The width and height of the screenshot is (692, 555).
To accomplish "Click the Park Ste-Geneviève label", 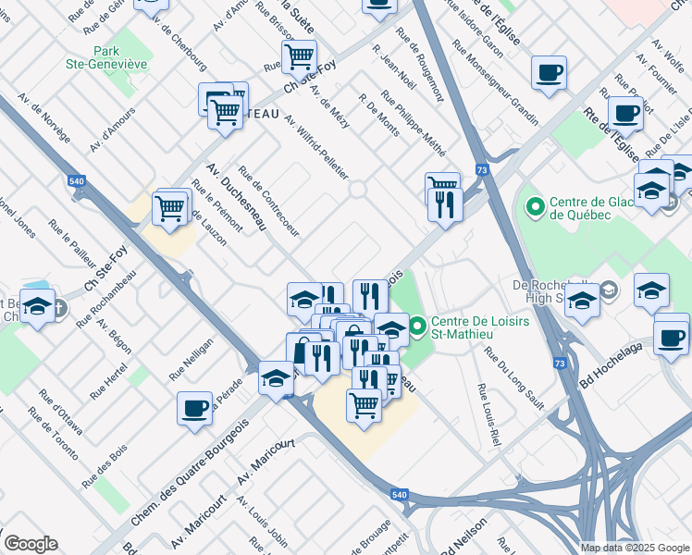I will click(120, 56).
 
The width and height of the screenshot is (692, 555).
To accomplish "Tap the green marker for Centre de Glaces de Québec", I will click(534, 204).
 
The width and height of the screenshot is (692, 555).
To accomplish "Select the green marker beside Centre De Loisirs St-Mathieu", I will click(417, 326).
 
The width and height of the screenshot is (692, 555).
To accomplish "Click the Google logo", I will click(31, 544).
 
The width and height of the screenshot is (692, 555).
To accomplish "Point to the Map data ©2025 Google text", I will click(635, 548).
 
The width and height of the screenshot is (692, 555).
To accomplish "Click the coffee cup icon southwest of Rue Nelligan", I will click(195, 408).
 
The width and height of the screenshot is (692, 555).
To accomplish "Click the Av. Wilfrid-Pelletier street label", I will click(316, 146).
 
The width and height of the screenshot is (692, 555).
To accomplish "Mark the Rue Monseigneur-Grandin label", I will click(495, 82).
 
